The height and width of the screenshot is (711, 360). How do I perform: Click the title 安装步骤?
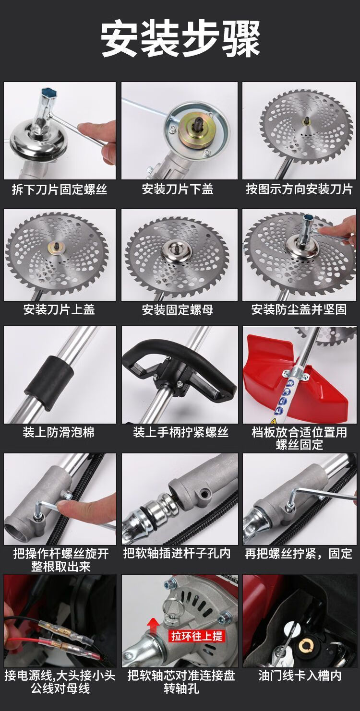(x=180, y=39)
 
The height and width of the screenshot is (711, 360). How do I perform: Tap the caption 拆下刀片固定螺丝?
(x=60, y=190)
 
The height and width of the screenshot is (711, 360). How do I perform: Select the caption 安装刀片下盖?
(x=178, y=189)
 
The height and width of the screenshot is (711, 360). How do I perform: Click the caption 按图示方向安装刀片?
(x=299, y=189)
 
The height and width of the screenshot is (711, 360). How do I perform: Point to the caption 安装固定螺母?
(x=178, y=310)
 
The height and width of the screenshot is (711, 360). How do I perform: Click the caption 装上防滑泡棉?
(x=59, y=432)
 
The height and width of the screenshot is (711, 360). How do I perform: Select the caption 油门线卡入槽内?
(x=300, y=675)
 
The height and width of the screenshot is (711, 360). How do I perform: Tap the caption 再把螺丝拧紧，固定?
(x=299, y=554)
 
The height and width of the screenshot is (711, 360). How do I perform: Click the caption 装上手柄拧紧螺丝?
(x=180, y=432)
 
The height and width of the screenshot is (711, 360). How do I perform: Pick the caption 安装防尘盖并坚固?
(x=299, y=310)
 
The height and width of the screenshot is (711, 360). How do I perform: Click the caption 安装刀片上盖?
(x=59, y=310)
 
